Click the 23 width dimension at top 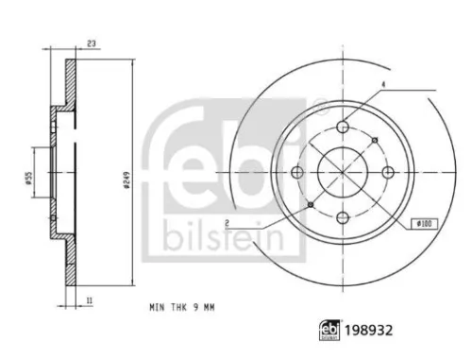(92, 43)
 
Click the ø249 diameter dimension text (127, 180)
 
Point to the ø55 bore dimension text (29, 179)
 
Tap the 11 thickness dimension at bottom (90, 300)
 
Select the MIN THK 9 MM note (182, 307)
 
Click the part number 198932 (369, 331)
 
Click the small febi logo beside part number (329, 331)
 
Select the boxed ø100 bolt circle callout (425, 224)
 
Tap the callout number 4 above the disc (383, 84)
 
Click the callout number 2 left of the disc (228, 223)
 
